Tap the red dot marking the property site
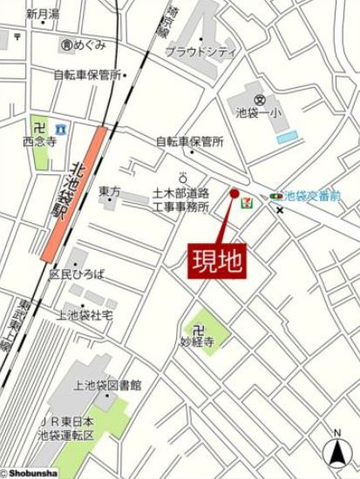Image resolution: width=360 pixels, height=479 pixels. coord(234,193)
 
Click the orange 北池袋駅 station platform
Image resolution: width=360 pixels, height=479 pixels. coord(74,192)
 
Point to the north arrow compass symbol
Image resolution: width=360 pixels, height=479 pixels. coord(336,449)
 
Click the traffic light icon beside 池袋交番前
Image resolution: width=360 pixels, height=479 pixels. coord(276,197)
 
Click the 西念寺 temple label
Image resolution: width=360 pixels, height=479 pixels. coord(40,138)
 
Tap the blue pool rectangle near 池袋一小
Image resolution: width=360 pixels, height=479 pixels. coord(286,137)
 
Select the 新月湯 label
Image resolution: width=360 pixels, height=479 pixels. coord(42,14)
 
